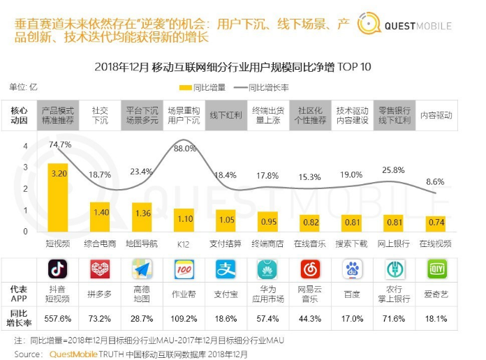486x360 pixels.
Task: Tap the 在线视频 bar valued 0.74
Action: coord(435,223)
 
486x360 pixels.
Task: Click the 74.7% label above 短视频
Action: coord(60,144)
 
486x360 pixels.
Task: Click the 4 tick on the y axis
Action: coord(25,147)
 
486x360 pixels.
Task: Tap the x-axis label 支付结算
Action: coord(225,243)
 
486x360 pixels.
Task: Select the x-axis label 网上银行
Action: coord(393,243)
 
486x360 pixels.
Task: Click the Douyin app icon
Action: coord(58,269)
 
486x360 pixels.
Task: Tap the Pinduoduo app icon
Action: coord(100,269)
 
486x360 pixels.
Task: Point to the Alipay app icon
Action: coord(226,269)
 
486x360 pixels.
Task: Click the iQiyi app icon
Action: coord(436,269)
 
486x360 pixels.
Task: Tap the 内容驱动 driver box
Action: coord(436,115)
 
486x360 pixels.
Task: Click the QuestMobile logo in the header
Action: coord(405,25)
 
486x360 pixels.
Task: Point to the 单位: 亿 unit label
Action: coord(23,87)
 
